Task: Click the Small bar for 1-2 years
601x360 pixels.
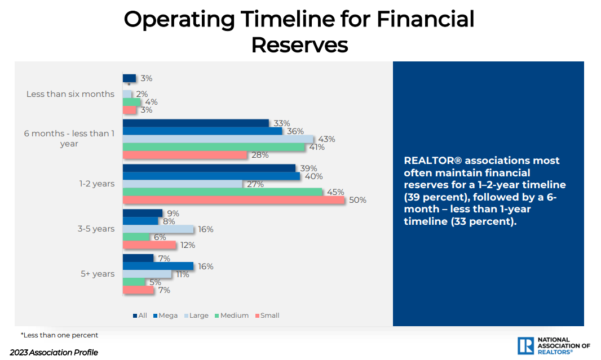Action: (x=233, y=200)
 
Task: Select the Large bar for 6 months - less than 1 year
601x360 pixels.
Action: (x=218, y=139)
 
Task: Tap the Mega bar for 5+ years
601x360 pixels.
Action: (x=158, y=266)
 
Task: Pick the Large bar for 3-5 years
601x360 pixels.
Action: (x=158, y=229)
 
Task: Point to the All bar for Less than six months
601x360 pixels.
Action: (x=129, y=78)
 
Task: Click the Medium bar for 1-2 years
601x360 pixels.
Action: (x=223, y=192)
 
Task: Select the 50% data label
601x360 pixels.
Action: (x=357, y=200)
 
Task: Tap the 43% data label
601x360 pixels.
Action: (x=326, y=139)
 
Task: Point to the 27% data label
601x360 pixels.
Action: (x=255, y=184)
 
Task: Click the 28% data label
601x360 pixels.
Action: (x=260, y=155)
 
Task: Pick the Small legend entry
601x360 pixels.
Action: (x=267, y=315)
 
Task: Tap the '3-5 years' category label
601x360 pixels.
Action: (x=96, y=229)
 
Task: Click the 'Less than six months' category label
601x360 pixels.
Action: (x=70, y=94)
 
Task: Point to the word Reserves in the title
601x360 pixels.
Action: (x=299, y=45)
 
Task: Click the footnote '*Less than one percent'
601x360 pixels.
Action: (x=59, y=335)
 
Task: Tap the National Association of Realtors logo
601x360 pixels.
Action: (x=553, y=346)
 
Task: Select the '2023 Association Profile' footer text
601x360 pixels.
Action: (x=54, y=353)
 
